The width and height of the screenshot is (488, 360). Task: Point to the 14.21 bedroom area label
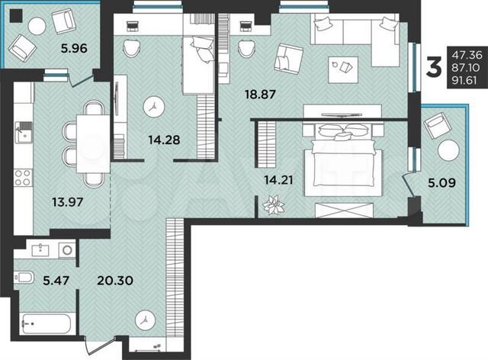pyautogui.click(x=278, y=181)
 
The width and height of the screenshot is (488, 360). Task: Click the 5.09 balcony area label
pyautogui.click(x=438, y=182)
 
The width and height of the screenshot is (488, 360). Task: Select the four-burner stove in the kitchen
pyautogui.click(x=23, y=179)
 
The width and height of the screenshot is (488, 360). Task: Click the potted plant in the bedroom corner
pyautogui.click(x=271, y=205)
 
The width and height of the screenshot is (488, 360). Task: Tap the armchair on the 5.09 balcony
pyautogui.click(x=439, y=125)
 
